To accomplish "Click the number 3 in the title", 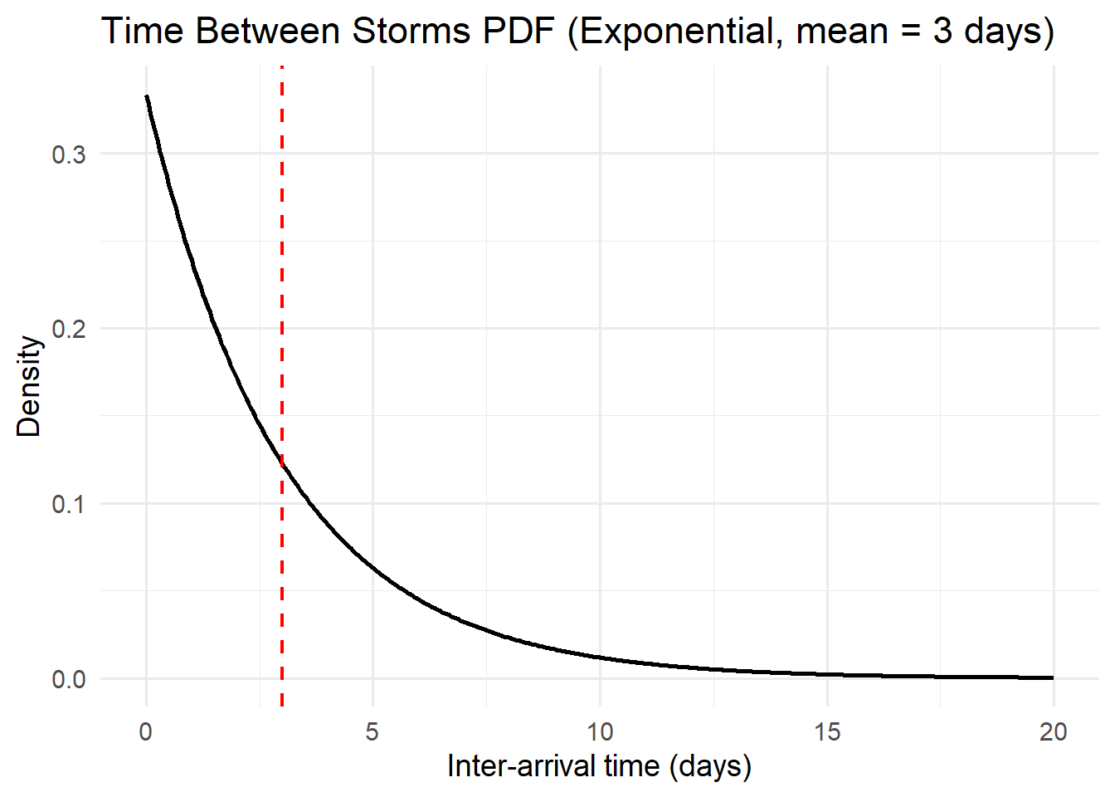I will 942,32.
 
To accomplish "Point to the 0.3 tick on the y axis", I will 69,154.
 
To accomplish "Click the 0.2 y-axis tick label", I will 69,329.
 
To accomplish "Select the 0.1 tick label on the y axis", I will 69,504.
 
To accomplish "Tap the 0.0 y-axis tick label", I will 69,679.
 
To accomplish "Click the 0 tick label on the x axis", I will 146,731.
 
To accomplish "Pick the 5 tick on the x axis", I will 372,731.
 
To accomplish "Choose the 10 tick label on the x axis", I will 600,731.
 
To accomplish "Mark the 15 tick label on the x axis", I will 827,731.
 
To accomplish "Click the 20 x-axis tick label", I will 1054,731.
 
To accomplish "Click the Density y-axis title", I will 29,386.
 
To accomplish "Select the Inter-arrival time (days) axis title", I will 599,765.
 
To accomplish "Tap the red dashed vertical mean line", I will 282,249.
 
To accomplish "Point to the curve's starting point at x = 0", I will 147,96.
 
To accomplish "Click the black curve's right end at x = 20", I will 1053,677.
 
